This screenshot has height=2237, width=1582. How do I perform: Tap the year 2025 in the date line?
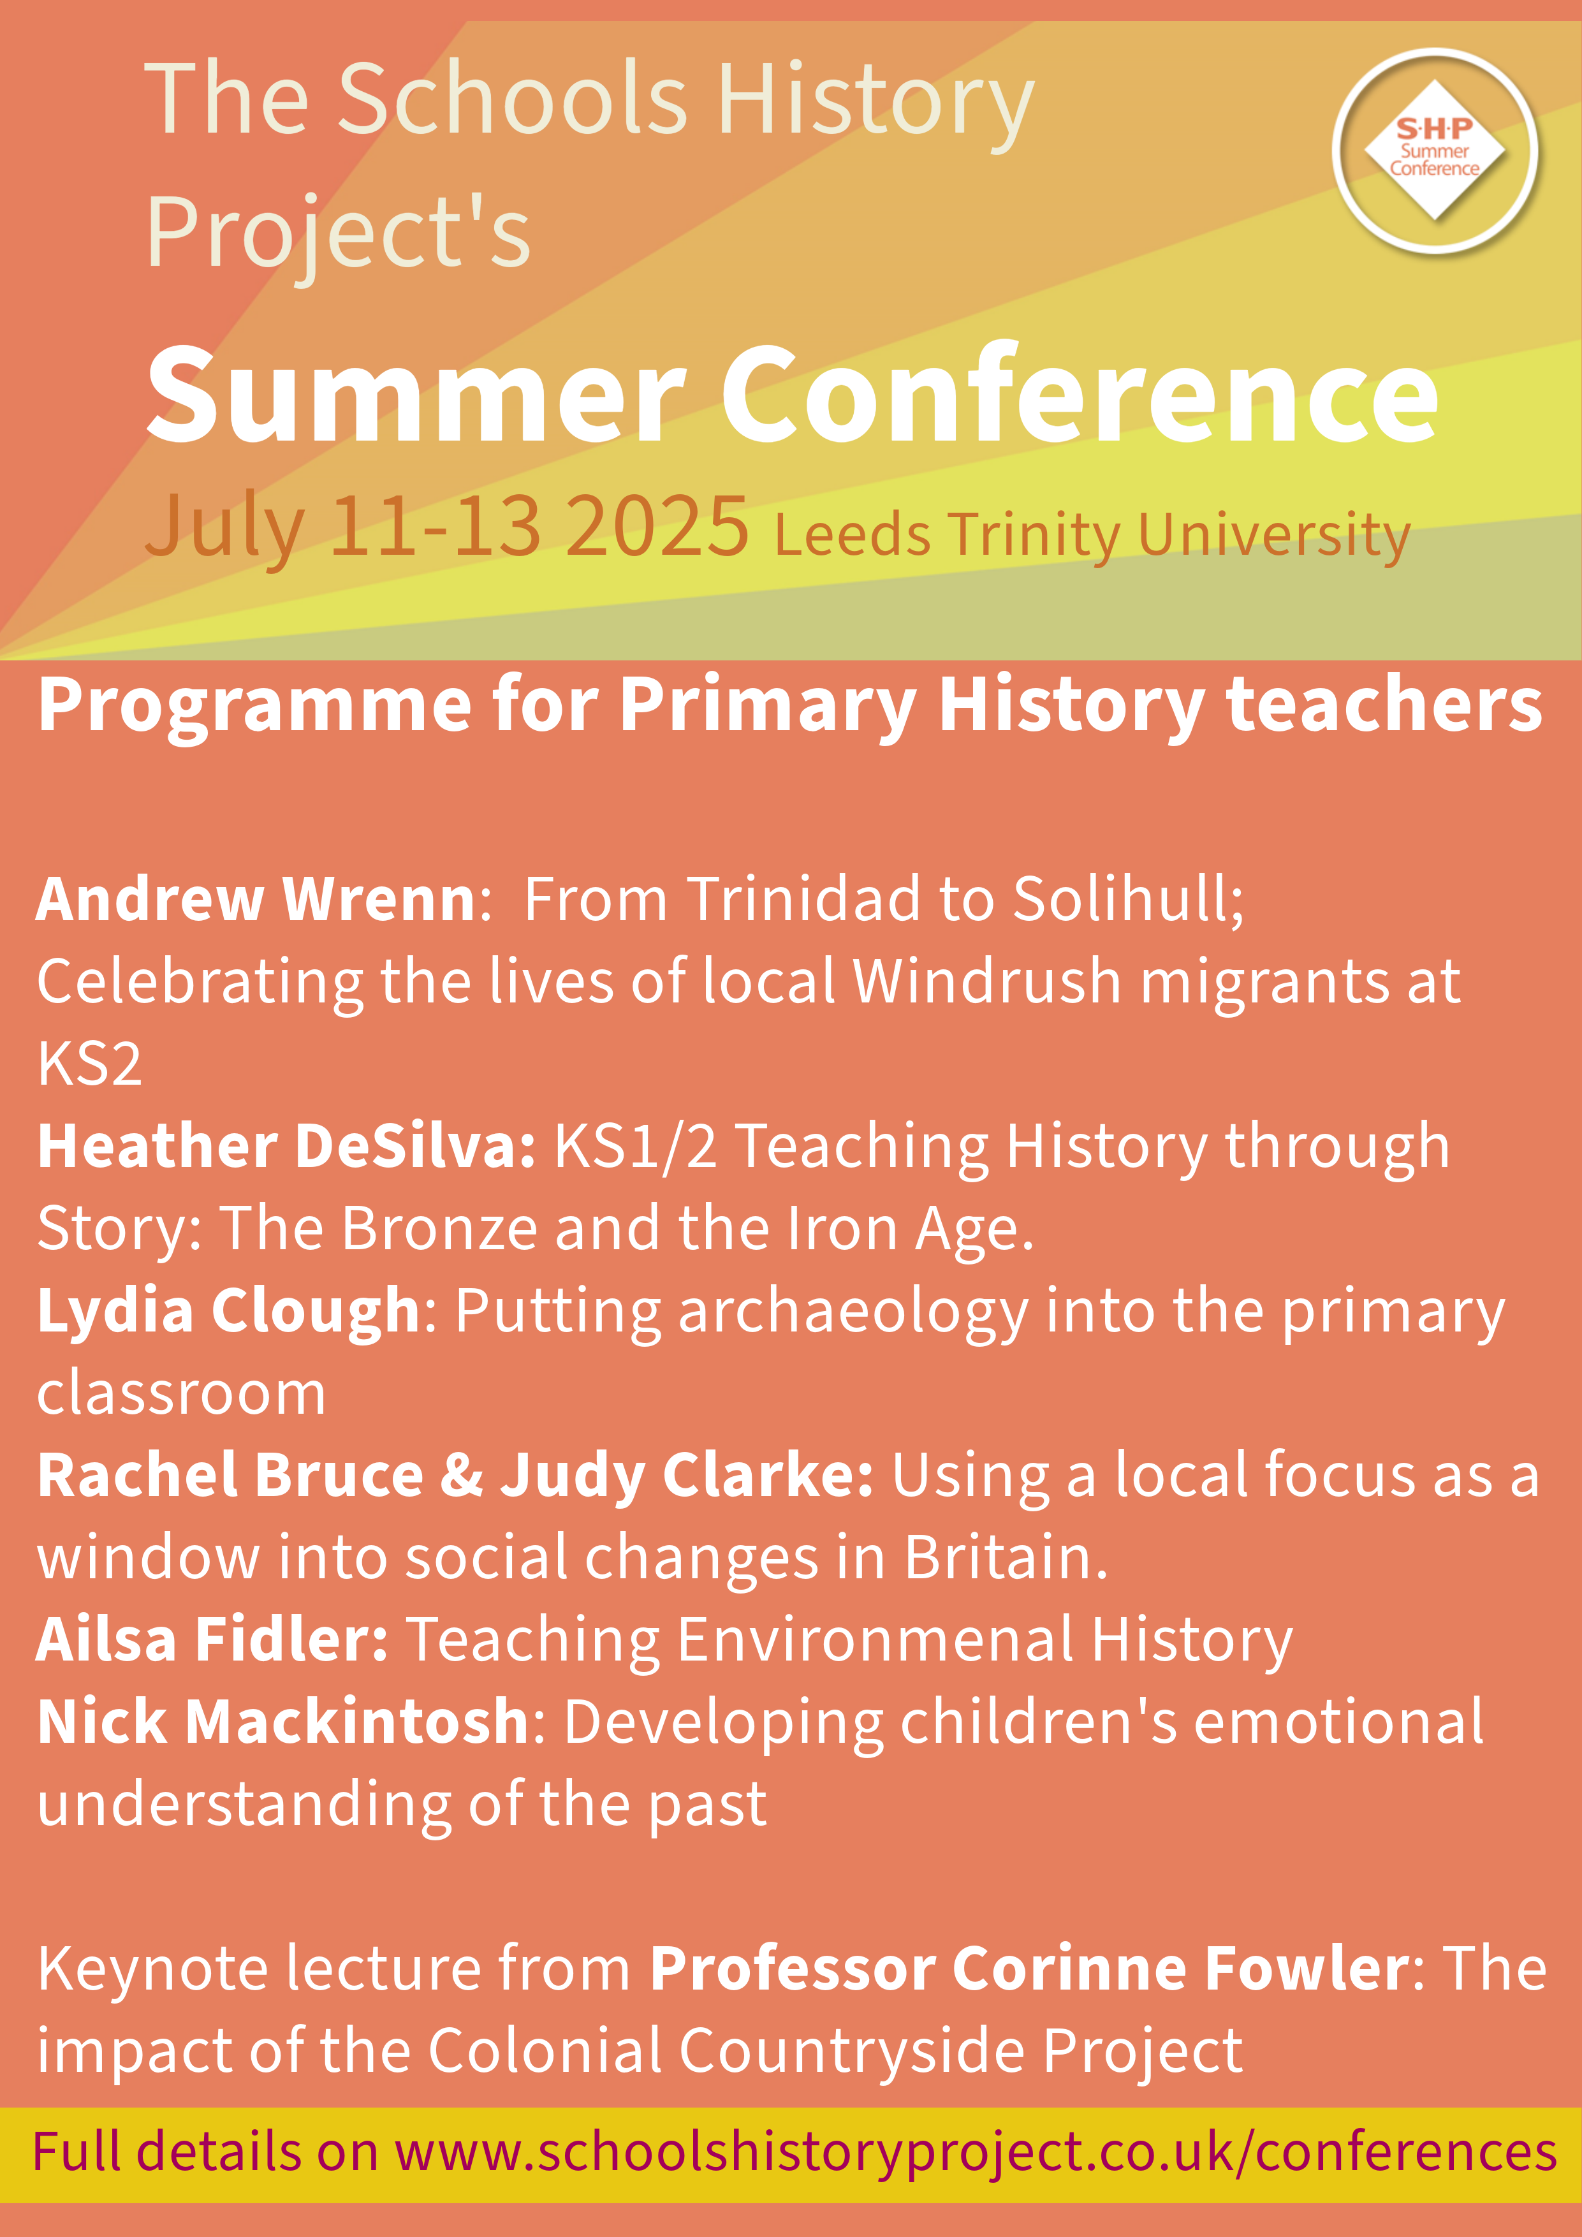(x=657, y=526)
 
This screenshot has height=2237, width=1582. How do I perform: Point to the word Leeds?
(x=853, y=535)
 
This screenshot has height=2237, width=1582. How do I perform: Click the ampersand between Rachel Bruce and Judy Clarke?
(x=462, y=1475)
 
